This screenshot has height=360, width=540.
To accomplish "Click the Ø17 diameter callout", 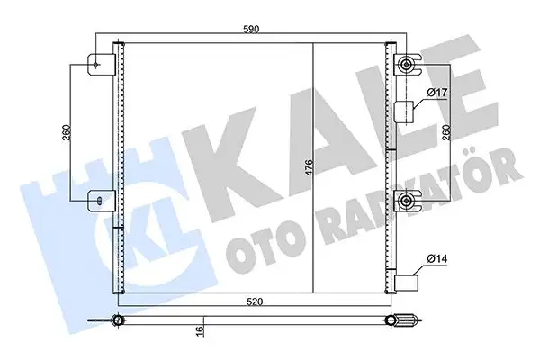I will (x=438, y=94).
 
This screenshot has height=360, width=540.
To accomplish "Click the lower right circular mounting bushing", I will (x=408, y=200).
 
